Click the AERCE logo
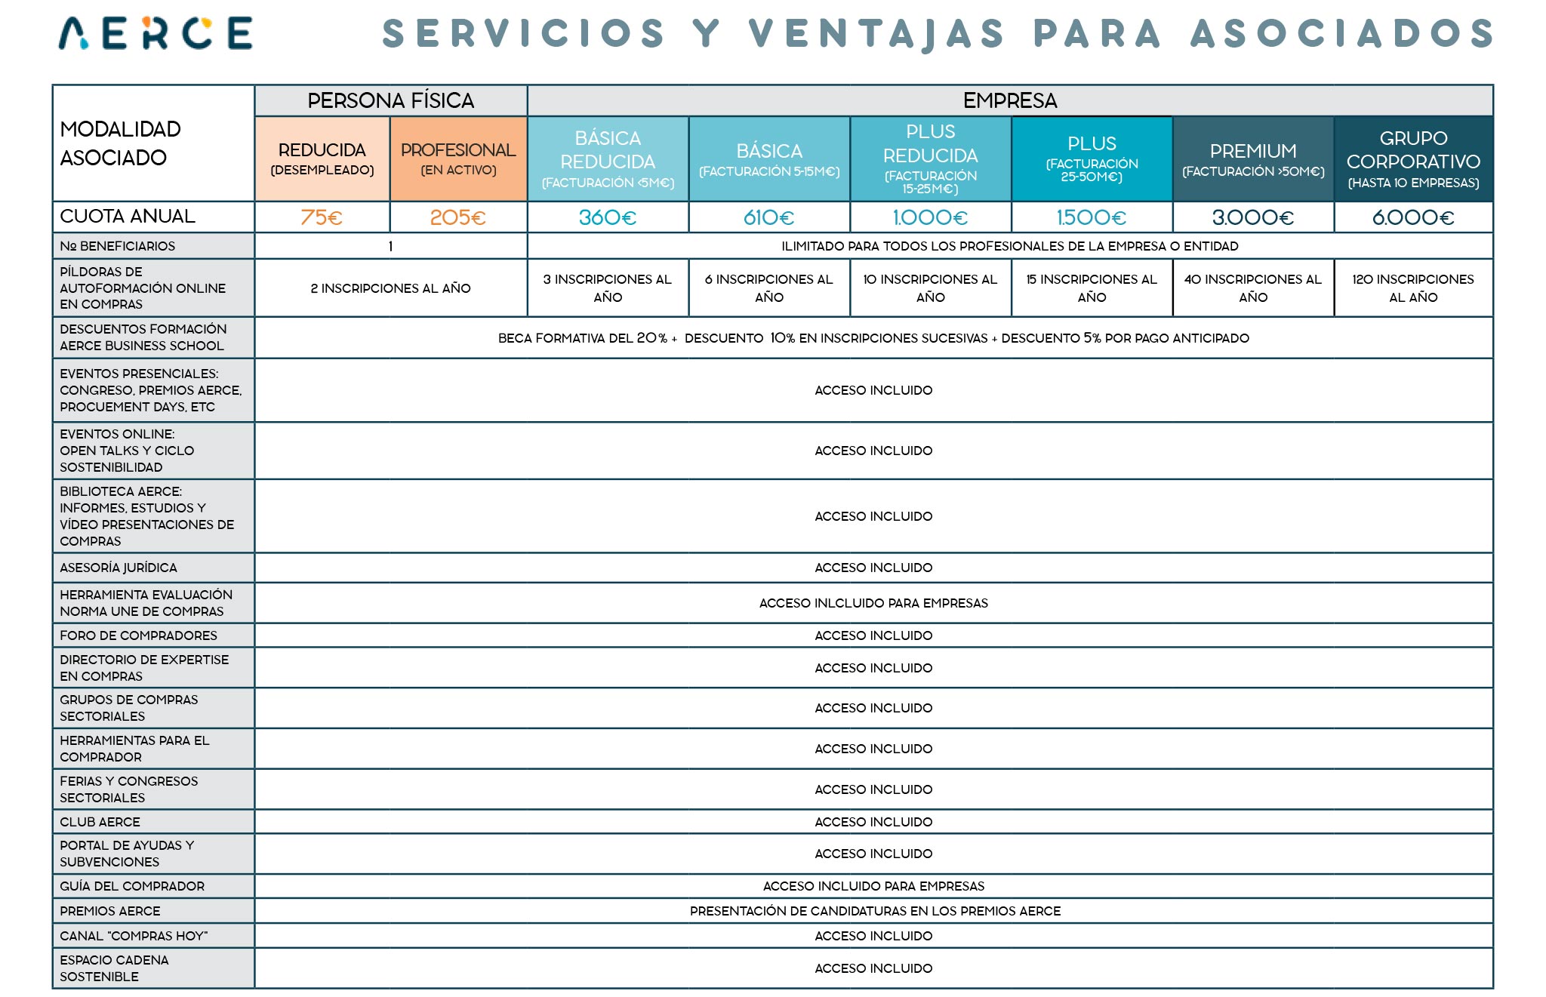click(156, 33)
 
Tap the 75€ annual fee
click(322, 217)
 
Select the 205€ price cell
click(457, 217)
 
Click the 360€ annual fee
click(608, 217)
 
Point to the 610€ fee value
click(769, 217)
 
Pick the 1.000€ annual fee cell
click(930, 217)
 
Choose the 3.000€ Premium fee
click(1253, 217)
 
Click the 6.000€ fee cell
click(1413, 217)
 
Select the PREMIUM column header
click(1253, 159)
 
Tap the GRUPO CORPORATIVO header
click(1413, 159)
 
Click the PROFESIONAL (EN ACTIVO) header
click(458, 158)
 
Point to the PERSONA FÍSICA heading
click(390, 100)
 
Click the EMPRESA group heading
click(1010, 100)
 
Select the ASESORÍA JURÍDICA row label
click(119, 568)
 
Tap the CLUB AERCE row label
click(100, 822)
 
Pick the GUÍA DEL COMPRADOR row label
click(132, 886)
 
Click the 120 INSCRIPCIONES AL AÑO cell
click(1413, 288)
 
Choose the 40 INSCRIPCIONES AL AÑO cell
click(1253, 288)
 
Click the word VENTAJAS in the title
click(876, 34)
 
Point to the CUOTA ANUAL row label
click(128, 217)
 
